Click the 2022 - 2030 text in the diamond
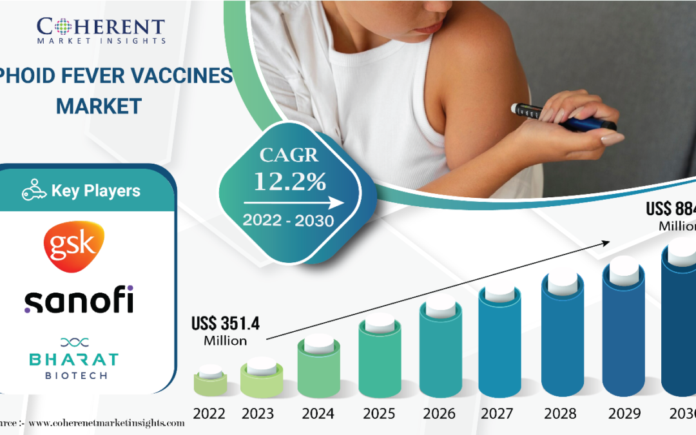click(x=288, y=220)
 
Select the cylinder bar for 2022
click(x=210, y=382)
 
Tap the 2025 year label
click(x=380, y=413)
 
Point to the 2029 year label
click(x=623, y=413)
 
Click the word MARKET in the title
click(x=99, y=106)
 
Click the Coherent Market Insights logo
click(x=101, y=30)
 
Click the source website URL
click(x=106, y=423)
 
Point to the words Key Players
click(x=95, y=191)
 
